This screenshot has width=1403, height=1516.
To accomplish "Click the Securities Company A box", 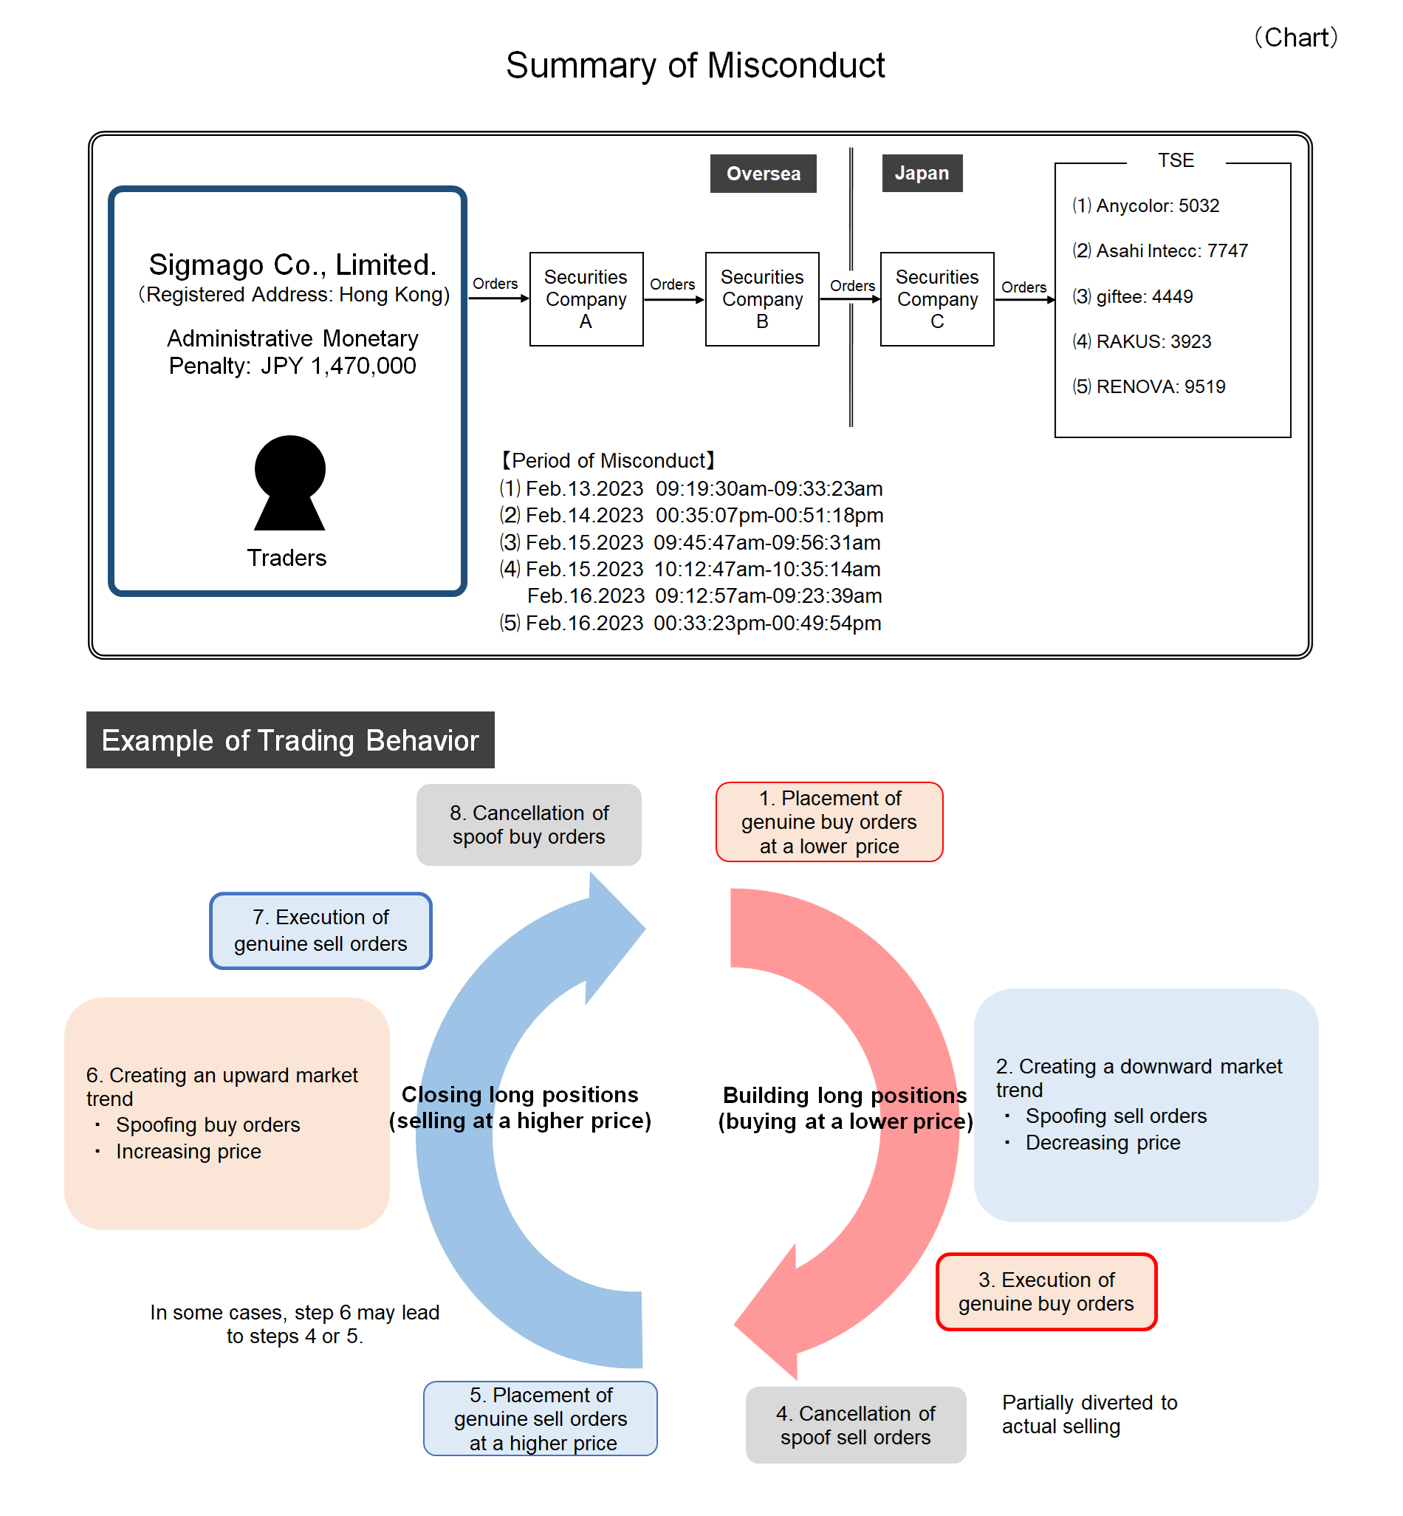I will (x=586, y=299).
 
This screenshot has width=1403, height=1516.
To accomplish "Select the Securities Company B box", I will (x=762, y=299).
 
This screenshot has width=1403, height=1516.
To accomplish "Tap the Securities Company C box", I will (x=937, y=299).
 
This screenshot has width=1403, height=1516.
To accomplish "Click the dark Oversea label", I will (x=763, y=174).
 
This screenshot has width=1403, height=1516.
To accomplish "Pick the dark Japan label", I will (x=922, y=173).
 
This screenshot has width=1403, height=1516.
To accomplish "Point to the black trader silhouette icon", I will (x=289, y=483).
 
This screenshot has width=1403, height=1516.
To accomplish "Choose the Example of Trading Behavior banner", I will (x=290, y=740).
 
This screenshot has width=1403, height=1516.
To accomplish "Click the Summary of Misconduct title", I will (x=695, y=65).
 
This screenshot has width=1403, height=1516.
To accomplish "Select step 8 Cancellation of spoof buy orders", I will (x=529, y=824).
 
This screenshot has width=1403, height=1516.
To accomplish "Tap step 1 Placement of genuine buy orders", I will (x=829, y=822).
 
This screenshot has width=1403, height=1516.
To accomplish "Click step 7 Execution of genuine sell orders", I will (x=320, y=930).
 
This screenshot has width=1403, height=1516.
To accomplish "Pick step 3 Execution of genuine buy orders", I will (x=1046, y=1291).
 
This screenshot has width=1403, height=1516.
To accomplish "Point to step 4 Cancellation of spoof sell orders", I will (x=856, y=1425).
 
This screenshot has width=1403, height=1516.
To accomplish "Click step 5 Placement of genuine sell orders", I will (x=540, y=1418).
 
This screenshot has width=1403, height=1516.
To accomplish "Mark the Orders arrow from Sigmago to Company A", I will (x=498, y=298).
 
